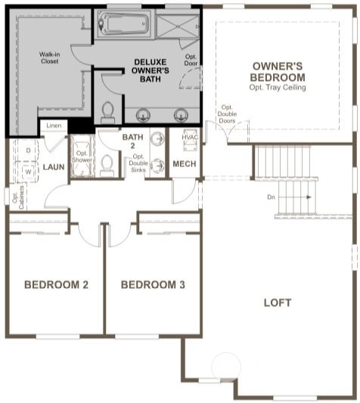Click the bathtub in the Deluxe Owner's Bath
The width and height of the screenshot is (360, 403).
[124, 24]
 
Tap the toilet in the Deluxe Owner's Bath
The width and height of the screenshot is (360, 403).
[107, 113]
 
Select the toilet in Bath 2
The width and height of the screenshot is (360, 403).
[107, 166]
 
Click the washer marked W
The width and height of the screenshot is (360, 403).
[28, 172]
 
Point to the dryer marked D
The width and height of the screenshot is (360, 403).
[28, 150]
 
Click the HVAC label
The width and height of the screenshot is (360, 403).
[190, 138]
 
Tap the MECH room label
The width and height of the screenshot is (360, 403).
[185, 164]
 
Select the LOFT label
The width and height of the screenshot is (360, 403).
[278, 302]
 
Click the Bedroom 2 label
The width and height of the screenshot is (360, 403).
[56, 285]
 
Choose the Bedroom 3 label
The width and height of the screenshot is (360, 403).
[153, 285]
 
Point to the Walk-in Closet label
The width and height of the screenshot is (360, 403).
[50, 57]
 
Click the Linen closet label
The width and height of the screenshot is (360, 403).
[54, 126]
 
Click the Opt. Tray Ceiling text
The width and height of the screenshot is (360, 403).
[278, 88]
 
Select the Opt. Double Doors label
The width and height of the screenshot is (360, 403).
[227, 114]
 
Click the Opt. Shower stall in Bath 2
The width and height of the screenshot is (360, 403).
[82, 157]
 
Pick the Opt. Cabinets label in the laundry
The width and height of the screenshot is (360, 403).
[18, 197]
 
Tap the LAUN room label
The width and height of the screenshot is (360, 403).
[54, 167]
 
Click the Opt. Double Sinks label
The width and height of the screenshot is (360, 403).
[138, 163]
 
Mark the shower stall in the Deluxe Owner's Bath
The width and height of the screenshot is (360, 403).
[178, 26]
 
